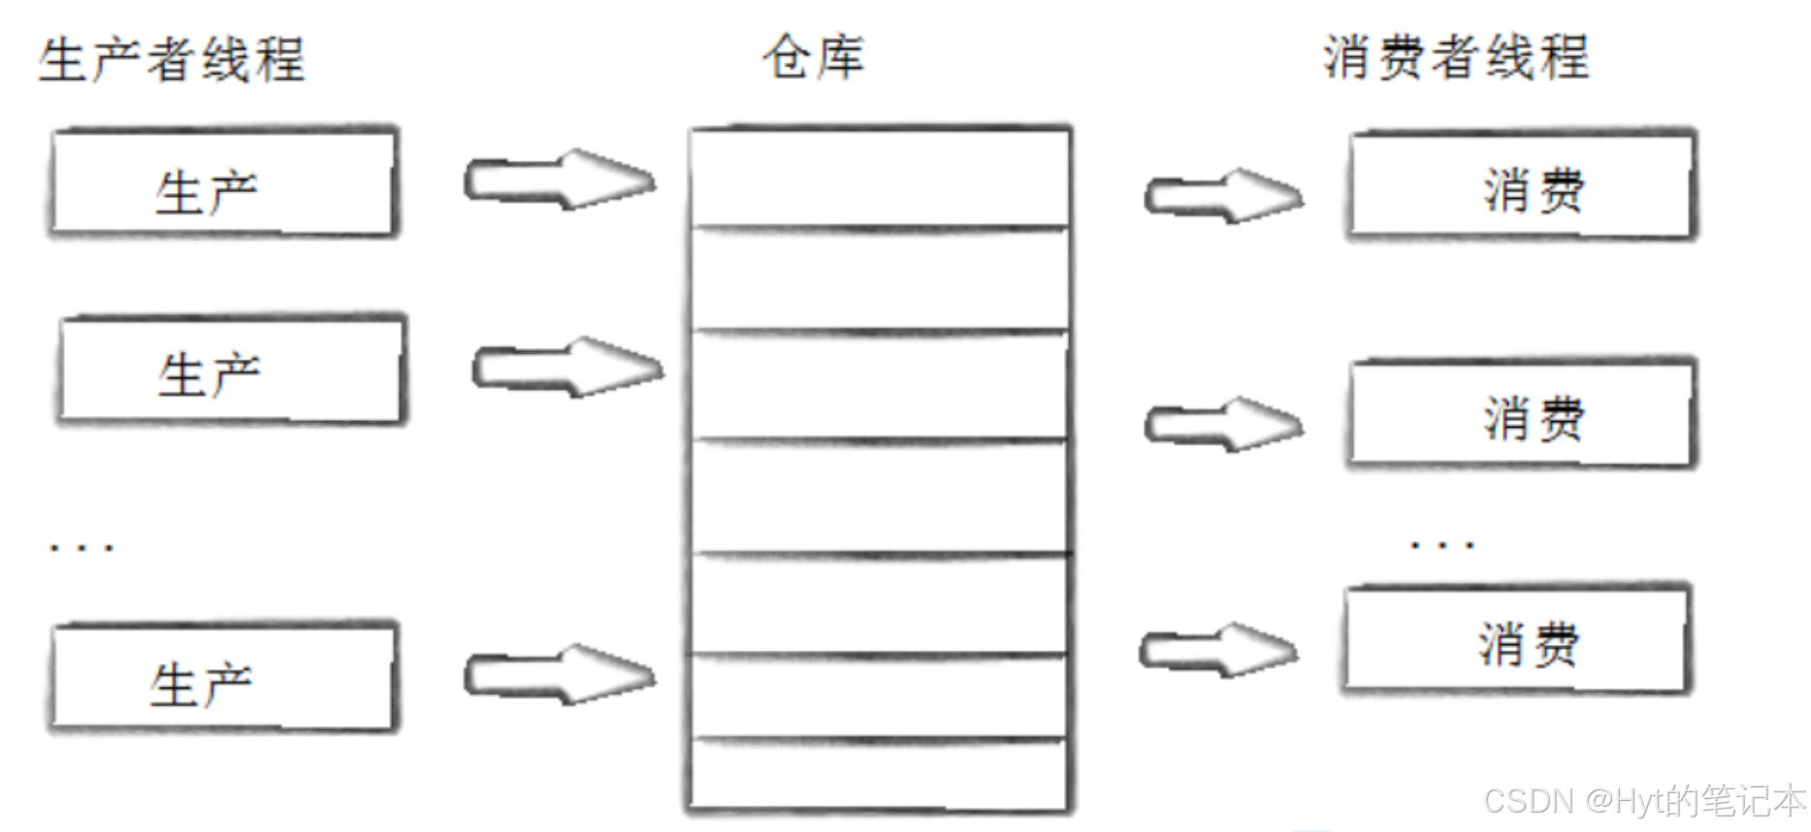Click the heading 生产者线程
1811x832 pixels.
click(173, 59)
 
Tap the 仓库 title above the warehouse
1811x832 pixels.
click(813, 56)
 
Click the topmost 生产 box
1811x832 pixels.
click(224, 183)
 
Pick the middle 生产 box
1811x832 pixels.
click(231, 370)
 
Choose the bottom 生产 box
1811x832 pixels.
click(223, 678)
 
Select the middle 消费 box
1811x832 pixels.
click(1521, 415)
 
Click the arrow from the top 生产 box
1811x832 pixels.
click(560, 180)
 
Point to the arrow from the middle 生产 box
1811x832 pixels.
click(567, 368)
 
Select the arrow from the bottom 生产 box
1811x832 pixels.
click(560, 674)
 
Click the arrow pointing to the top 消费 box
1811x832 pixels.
click(1224, 196)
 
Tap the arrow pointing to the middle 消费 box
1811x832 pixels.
click(1224, 424)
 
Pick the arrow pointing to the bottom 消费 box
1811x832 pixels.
click(1218, 650)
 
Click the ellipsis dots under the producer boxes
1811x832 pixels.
click(82, 548)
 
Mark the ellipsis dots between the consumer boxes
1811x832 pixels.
click(1442, 545)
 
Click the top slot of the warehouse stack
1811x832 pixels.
click(879, 178)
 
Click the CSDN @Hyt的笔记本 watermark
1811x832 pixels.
click(1643, 801)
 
